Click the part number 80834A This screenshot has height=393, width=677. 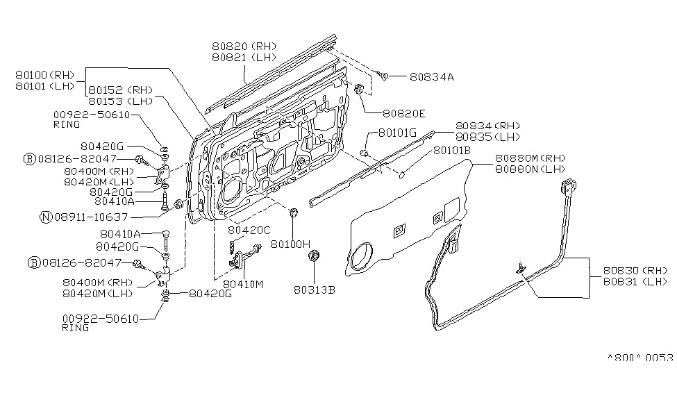pyautogui.click(x=431, y=77)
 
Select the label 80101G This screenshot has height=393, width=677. pyautogui.click(x=397, y=132)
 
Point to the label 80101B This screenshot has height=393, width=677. pyautogui.click(x=452, y=150)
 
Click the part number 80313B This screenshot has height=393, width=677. pyautogui.click(x=313, y=290)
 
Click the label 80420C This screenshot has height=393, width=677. pyautogui.click(x=250, y=230)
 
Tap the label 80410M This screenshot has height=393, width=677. pyautogui.click(x=244, y=284)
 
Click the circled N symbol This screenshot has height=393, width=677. pyautogui.click(x=45, y=217)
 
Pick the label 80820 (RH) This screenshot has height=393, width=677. pyautogui.click(x=244, y=46)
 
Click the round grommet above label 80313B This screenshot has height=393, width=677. pyautogui.click(x=313, y=258)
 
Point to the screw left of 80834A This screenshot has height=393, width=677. pyautogui.click(x=382, y=74)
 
